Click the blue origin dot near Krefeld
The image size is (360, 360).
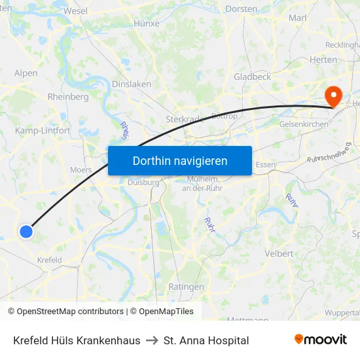[x=26, y=231]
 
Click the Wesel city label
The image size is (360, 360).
[x=76, y=11]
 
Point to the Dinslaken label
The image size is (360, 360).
[x=132, y=84]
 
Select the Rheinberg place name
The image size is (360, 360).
[x=68, y=97]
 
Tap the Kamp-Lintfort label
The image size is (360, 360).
[x=43, y=131]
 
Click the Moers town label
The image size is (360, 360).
[x=81, y=170]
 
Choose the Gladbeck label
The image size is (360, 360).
[x=252, y=77]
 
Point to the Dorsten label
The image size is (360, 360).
[x=241, y=9]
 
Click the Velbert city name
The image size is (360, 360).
[x=279, y=253]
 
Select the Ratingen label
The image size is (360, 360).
[x=186, y=287]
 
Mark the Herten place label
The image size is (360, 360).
[x=323, y=60]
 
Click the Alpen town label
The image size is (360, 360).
[x=26, y=73]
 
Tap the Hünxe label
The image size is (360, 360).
[x=146, y=23]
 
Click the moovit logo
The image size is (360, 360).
[x=320, y=340]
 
